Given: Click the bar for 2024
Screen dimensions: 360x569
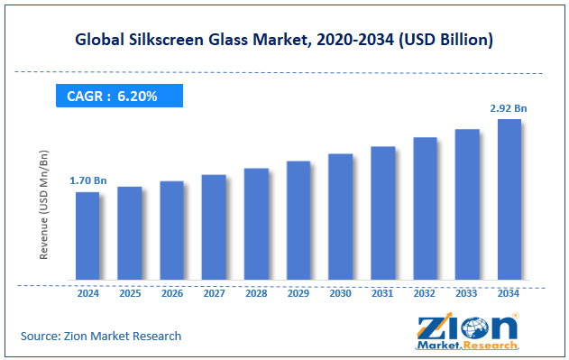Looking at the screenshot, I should click(87, 235).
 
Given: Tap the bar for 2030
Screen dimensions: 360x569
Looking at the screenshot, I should click(340, 217).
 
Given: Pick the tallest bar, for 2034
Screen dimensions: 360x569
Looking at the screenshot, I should click(509, 199).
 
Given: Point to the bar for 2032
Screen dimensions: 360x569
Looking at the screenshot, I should click(425, 208).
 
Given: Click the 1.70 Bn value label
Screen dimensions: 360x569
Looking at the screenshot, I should click(87, 180).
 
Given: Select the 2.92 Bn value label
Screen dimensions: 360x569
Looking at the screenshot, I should click(509, 108).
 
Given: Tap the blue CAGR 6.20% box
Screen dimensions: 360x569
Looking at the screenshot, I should click(119, 96).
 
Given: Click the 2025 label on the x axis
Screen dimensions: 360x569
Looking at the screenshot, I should click(129, 293).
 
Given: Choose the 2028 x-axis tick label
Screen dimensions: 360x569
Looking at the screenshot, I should click(256, 293).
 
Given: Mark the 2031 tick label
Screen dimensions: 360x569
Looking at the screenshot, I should click(382, 293).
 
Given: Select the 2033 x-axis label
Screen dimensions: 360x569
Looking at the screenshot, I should click(466, 293).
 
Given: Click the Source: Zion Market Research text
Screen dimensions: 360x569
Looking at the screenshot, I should click(101, 336).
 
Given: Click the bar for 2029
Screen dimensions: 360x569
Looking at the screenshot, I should click(298, 220).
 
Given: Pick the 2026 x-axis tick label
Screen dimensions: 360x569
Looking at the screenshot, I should click(171, 293).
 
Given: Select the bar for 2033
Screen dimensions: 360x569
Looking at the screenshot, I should click(466, 204).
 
